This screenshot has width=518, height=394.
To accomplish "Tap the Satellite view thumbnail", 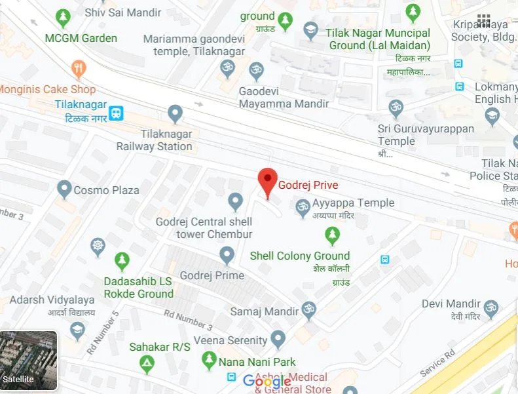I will click(28, 361).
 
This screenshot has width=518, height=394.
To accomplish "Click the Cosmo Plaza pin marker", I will click(64, 189).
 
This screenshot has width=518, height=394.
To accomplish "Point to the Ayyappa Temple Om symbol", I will click(303, 207).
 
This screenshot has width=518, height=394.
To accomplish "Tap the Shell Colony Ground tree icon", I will click(333, 235).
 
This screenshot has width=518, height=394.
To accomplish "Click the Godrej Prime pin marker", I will click(227, 254).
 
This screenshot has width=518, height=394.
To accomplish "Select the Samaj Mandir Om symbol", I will click(308, 310).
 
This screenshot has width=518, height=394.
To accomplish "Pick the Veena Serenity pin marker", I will click(278, 339).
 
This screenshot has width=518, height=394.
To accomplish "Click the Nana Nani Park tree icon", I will click(209, 359).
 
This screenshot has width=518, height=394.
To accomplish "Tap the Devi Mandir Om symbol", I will click(490, 307).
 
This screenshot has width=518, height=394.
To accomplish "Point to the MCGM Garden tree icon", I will click(64, 16).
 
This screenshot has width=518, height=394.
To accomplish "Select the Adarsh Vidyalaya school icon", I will click(78, 330).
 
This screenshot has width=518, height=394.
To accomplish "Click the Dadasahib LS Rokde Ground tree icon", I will click(122, 261).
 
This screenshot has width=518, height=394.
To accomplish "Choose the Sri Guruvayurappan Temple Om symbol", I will click(396, 108).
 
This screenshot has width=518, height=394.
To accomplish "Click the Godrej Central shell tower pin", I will click(236, 201).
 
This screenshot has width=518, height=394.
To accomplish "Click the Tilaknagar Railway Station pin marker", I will click(175, 114).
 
